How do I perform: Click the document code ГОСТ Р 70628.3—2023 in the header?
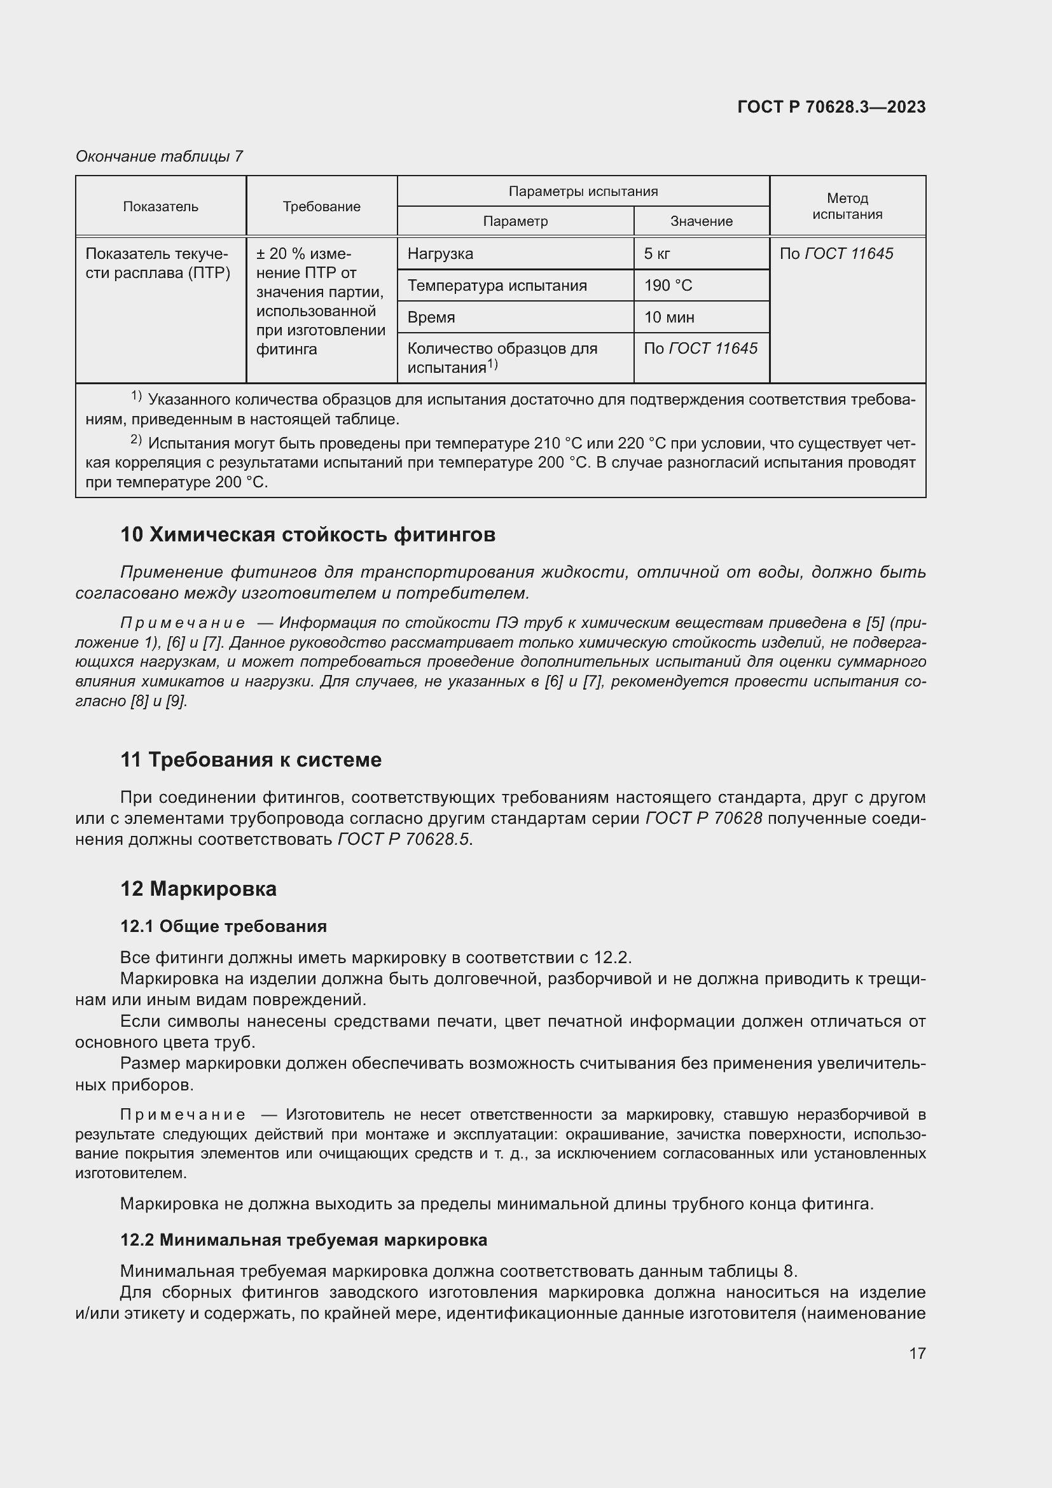(x=831, y=107)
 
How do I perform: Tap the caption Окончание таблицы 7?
(x=160, y=156)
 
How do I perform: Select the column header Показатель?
(x=161, y=207)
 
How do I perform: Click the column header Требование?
(x=321, y=207)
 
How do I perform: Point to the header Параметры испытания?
(x=583, y=191)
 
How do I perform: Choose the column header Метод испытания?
(x=847, y=206)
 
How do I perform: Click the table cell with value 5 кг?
(x=657, y=254)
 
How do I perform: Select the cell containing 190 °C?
(x=668, y=286)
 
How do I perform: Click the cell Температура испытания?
(x=497, y=286)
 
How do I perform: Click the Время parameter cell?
(x=431, y=317)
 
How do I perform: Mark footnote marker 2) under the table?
(x=136, y=440)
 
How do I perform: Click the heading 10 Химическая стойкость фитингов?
(x=308, y=534)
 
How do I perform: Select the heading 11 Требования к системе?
(x=251, y=760)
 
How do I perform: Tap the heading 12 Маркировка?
(x=198, y=889)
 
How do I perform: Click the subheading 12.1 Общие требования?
(x=223, y=926)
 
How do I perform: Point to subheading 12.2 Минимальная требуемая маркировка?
(x=304, y=1240)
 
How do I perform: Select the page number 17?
(x=917, y=1353)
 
